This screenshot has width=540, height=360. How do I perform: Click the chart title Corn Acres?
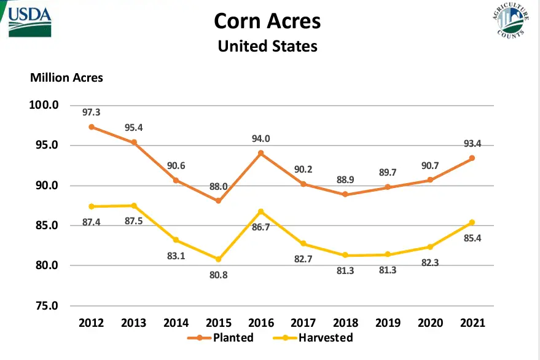[267, 22]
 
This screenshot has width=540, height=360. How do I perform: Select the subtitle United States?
[267, 46]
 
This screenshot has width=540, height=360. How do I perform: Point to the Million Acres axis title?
[66, 78]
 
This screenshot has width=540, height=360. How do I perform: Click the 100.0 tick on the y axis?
[44, 105]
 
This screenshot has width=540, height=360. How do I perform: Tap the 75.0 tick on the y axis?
[44, 306]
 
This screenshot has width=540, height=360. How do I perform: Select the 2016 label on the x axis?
[260, 323]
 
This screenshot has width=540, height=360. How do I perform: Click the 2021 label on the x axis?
[472, 323]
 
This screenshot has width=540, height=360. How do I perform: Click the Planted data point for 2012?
[92, 127]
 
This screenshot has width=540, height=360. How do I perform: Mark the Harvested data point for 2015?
[218, 259]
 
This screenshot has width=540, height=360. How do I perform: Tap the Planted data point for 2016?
[260, 153]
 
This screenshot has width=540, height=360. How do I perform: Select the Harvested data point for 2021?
[472, 222]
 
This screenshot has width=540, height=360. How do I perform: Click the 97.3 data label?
[92, 112]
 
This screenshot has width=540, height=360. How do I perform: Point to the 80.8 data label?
[218, 275]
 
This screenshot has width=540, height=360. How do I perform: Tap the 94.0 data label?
[260, 139]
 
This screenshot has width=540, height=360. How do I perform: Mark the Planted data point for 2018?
[345, 194]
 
